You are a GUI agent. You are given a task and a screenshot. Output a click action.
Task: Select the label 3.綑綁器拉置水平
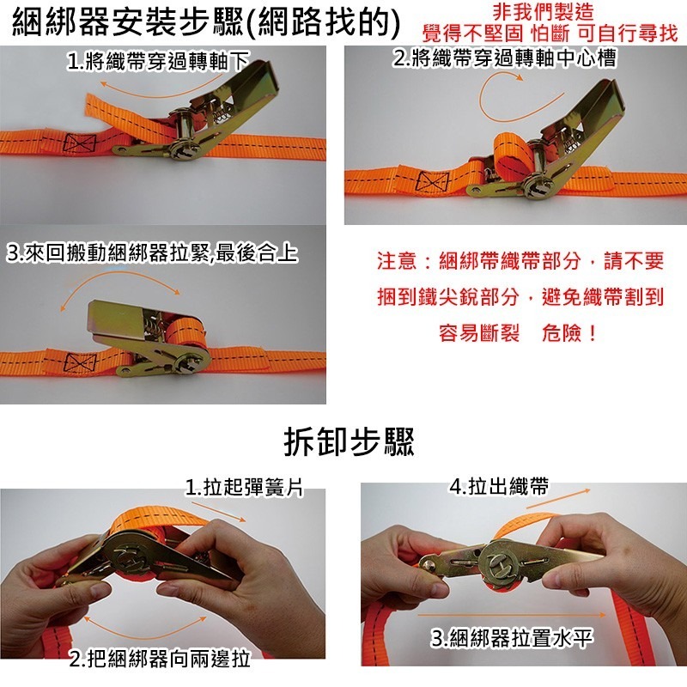click(512, 638)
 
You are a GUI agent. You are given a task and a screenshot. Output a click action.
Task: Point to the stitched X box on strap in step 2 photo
click(432, 181)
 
